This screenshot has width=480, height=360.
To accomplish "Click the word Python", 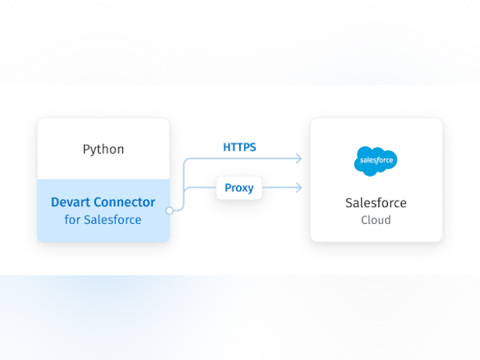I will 103,150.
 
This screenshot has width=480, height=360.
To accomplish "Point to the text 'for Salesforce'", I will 103,219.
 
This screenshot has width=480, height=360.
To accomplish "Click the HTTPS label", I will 239,147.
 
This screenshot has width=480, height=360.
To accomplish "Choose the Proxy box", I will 239,188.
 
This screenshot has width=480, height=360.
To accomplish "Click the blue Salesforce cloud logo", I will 376,161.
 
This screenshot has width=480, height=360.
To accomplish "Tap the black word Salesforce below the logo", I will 376,202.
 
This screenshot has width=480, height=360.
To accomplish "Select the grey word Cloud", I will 376,219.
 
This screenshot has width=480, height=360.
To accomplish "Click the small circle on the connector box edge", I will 170,210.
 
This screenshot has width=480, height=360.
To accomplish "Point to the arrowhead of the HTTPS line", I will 300,159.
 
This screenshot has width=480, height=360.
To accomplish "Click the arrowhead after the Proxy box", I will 299,188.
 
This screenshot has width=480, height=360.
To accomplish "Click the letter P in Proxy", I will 228,188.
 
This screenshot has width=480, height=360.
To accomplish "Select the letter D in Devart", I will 55,202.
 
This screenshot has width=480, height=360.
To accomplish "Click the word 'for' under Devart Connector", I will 72,219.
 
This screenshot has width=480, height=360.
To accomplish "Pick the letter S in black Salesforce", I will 349,202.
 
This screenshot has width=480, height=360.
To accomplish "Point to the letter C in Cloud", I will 364,219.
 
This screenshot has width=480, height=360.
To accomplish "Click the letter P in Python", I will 86,150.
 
